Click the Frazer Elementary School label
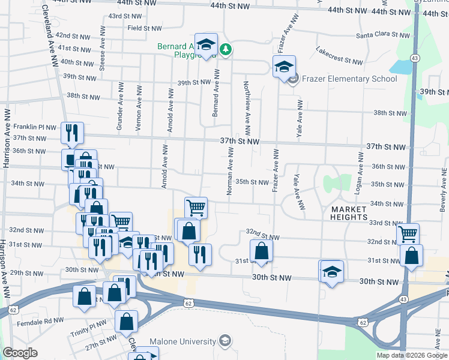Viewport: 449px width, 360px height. point(349,79)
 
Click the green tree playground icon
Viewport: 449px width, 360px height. point(226,49)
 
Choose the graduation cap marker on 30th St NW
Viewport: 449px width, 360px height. point(331,272)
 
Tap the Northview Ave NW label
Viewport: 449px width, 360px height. point(247,108)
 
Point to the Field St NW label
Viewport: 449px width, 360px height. point(144,28)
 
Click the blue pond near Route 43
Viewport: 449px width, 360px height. point(400,67)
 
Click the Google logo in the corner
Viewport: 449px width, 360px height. point(20,353)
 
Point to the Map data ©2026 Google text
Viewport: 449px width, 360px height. point(412,355)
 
